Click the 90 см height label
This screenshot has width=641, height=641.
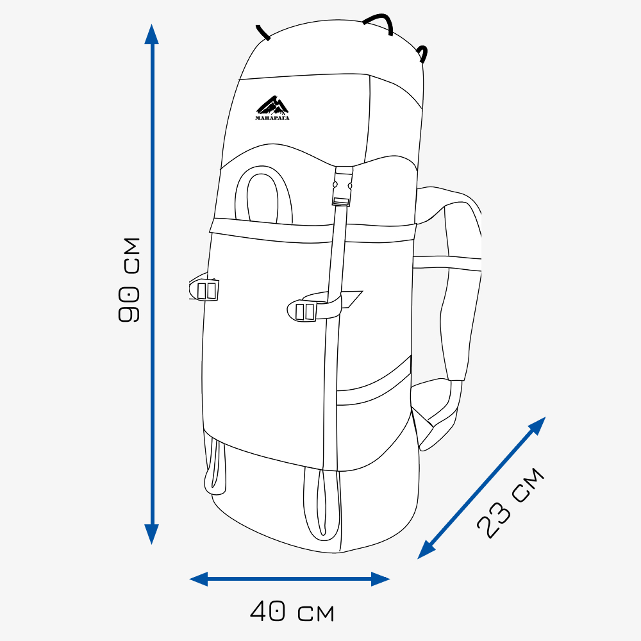point(129,280)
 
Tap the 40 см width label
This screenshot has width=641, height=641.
point(292,612)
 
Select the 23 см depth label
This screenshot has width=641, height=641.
point(510,503)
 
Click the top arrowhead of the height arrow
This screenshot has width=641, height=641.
point(151,33)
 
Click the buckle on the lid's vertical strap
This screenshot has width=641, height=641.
point(343,187)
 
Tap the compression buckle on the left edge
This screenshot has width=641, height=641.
point(206,290)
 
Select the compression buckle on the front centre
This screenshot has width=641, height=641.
point(305,311)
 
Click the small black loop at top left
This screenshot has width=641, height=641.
point(263,33)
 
